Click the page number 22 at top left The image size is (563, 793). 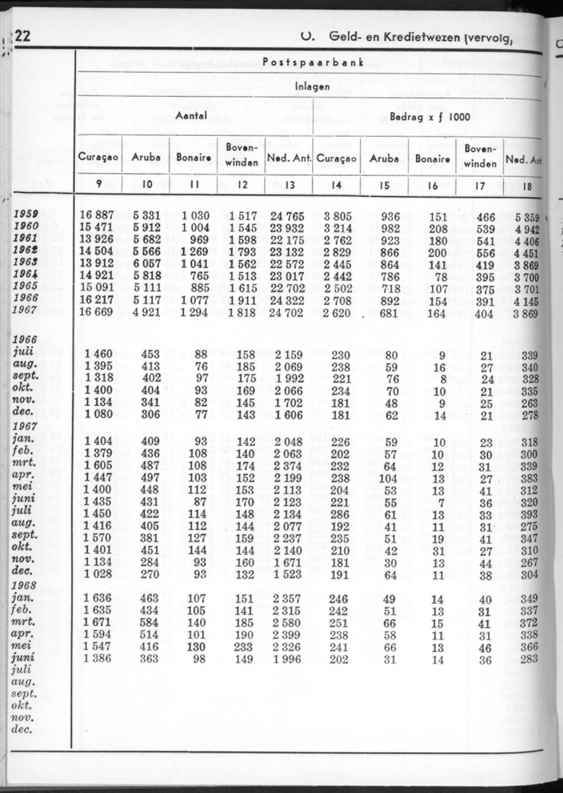tap(23, 36)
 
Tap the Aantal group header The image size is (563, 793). tap(192, 115)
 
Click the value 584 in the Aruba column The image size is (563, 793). tap(151, 623)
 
